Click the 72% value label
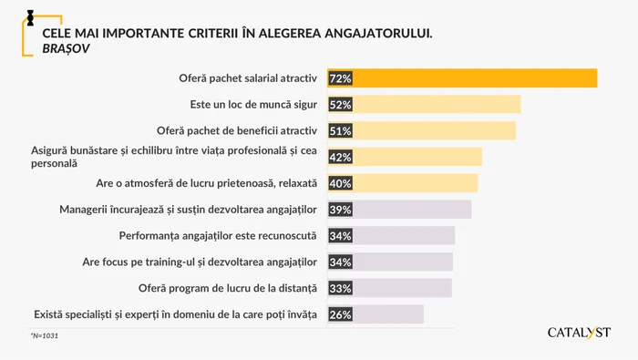coord(341,78)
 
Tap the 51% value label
coord(341,130)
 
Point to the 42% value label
coord(341,157)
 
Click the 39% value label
coord(341,210)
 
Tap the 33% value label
coord(341,288)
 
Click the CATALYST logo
coord(579,332)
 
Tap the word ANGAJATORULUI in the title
coord(371,33)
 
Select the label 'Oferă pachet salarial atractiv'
coord(241,78)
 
